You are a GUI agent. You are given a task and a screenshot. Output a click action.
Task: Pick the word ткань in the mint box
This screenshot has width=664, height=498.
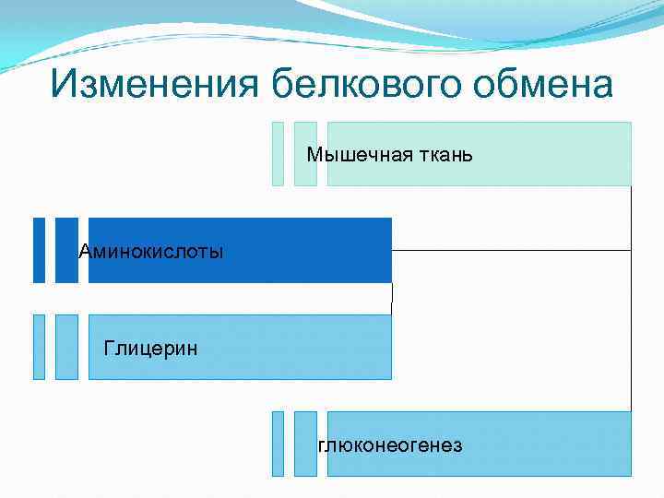tap(440, 154)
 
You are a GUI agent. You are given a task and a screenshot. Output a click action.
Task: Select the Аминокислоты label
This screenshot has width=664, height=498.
tap(151, 251)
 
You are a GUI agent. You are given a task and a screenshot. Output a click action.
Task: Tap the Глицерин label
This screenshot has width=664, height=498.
tap(150, 348)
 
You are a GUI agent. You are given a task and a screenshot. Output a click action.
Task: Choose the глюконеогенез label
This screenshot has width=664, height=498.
tap(391, 446)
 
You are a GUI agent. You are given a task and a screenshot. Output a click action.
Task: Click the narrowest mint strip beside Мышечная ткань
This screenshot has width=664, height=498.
tap(278, 154)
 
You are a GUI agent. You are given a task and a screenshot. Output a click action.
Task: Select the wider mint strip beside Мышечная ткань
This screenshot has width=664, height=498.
tap(305, 154)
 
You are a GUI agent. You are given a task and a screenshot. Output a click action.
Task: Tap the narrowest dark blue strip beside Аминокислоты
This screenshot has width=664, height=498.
tap(39, 250)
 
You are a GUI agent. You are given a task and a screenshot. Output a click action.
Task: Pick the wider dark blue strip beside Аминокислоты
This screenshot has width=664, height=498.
tap(66, 250)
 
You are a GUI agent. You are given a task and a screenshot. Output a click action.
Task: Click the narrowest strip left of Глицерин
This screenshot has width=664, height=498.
tap(39, 347)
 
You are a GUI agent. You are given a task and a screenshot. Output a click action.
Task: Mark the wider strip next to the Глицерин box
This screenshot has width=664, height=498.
tap(66, 347)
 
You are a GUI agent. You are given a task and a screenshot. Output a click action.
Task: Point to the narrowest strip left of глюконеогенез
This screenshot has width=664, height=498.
tap(278, 444)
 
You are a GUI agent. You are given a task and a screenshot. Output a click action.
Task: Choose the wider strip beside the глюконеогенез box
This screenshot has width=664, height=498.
tap(305, 444)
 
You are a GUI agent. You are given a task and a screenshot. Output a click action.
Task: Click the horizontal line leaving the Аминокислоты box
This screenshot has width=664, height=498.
tap(512, 250)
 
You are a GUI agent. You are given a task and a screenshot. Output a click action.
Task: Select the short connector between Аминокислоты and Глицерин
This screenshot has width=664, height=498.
tap(392, 298)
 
